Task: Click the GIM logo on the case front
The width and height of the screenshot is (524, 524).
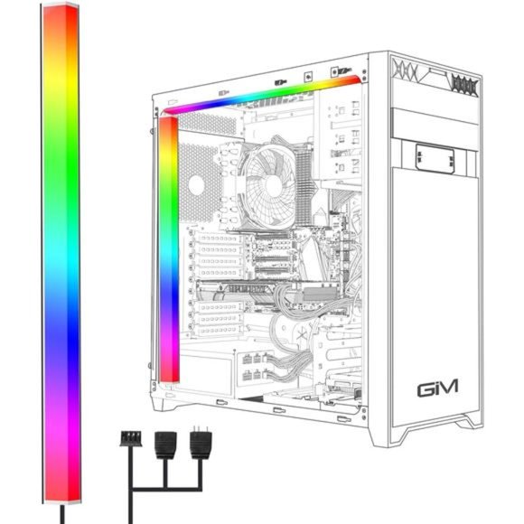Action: click(x=437, y=388)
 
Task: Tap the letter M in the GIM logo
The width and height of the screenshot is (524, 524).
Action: click(x=448, y=387)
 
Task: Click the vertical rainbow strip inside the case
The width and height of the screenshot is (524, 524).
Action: click(x=169, y=249)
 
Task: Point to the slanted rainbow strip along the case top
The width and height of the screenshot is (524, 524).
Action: click(x=261, y=95)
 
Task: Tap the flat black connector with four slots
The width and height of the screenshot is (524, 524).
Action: click(x=131, y=438)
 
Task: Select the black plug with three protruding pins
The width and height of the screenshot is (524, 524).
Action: click(x=201, y=442)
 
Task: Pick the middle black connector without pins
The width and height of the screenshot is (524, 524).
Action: click(x=165, y=444)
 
